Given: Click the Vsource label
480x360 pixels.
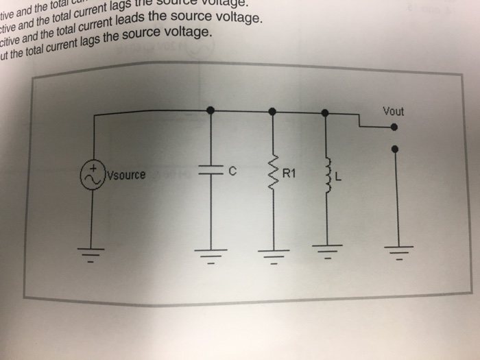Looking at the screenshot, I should (125, 175).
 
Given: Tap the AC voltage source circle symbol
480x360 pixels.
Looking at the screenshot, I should (93, 175).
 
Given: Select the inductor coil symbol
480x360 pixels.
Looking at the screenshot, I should (327, 174).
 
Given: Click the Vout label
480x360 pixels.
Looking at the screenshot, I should (394, 110).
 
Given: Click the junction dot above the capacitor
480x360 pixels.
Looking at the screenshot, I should (210, 110).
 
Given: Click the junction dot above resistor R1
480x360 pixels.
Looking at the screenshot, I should (272, 110).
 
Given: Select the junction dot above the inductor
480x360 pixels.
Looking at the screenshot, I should (326, 111).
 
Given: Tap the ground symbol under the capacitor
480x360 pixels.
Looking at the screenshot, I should (211, 254).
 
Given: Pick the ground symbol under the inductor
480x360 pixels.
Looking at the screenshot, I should (328, 252).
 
